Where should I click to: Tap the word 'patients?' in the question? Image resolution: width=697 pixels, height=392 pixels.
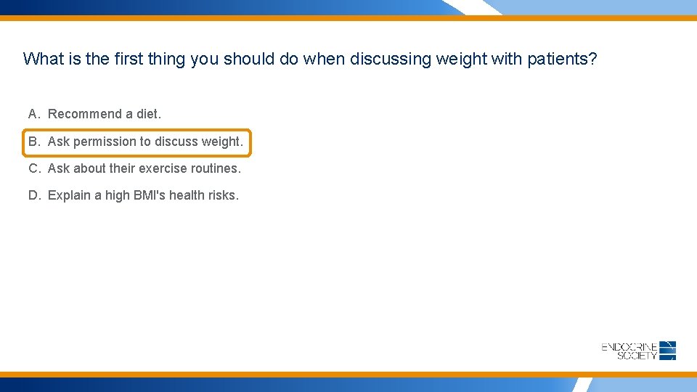click(562, 59)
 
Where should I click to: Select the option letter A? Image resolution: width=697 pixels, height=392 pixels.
click(33, 114)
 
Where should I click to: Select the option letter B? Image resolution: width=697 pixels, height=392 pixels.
click(33, 142)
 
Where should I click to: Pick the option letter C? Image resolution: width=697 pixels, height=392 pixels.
click(33, 168)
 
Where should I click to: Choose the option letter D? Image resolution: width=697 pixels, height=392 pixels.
click(33, 195)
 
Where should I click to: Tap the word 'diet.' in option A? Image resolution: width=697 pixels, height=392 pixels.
click(149, 114)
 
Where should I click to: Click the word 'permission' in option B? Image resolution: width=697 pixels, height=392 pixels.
click(104, 142)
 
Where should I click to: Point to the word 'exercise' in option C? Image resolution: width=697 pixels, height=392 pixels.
click(160, 168)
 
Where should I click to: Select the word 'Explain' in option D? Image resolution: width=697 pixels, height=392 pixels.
click(69, 195)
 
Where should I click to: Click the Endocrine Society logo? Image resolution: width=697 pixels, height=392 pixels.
click(639, 351)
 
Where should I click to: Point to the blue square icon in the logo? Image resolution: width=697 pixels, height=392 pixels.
click(668, 351)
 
